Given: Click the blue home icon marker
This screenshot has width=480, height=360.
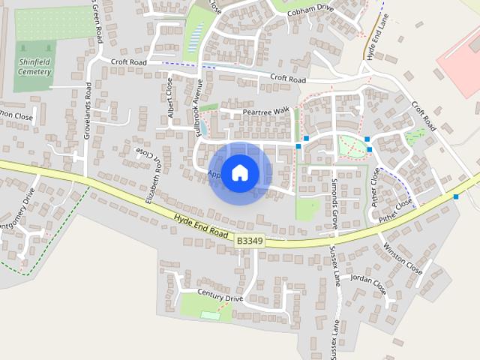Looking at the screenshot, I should [239, 172].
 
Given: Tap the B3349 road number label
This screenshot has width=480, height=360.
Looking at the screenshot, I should [250, 241].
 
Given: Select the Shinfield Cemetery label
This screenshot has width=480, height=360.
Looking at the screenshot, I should [33, 67].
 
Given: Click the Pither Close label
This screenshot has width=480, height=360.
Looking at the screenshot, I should [396, 211].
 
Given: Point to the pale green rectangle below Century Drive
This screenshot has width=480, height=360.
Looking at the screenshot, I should [211, 315].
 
